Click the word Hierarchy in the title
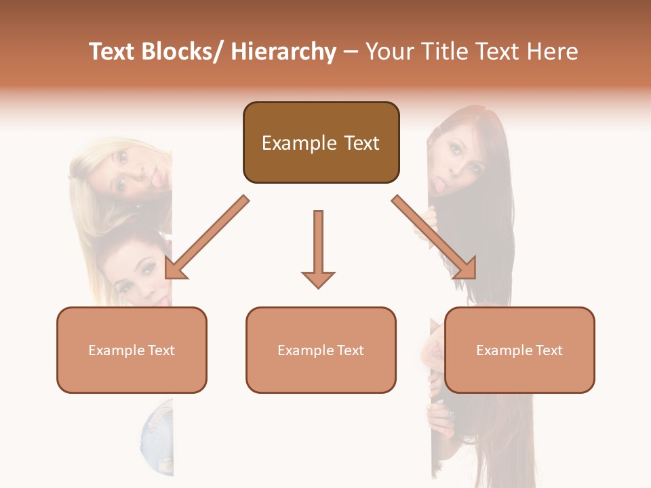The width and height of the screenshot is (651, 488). [x=283, y=52]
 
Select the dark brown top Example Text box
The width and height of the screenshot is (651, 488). [x=321, y=143]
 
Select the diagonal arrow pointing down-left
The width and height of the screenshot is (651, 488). [x=208, y=237]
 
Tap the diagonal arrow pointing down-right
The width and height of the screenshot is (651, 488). [x=434, y=237]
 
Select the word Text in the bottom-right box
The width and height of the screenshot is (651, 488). [x=549, y=350]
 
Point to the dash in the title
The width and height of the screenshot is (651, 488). [x=351, y=52]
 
